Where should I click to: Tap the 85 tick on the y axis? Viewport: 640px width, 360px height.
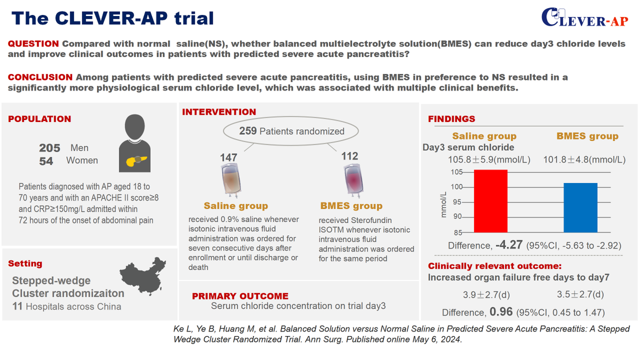click(x=444, y=233)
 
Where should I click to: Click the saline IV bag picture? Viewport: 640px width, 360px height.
click(x=228, y=181)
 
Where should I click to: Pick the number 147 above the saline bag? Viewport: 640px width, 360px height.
click(x=228, y=157)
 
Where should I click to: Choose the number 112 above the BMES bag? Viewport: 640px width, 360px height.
click(x=350, y=157)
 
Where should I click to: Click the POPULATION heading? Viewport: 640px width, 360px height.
click(x=39, y=119)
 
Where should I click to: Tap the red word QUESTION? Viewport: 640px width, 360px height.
click(x=34, y=44)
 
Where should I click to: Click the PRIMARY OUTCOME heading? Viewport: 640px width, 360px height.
click(x=240, y=296)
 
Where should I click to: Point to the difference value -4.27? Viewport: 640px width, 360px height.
click(x=510, y=246)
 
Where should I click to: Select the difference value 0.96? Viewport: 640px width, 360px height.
click(x=501, y=313)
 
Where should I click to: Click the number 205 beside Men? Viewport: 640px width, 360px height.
click(x=50, y=148)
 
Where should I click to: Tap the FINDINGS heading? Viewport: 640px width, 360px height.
click(x=452, y=119)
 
